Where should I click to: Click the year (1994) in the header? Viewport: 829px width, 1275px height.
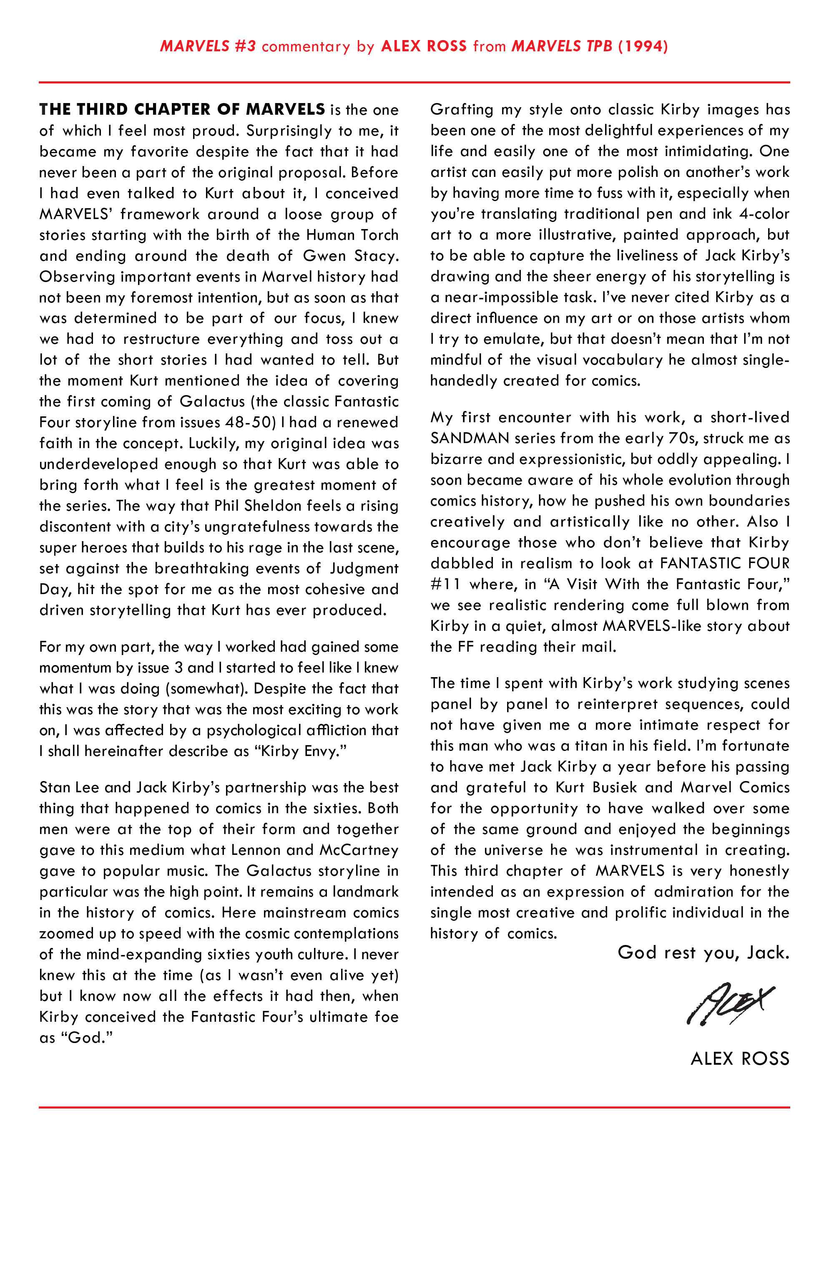(643, 46)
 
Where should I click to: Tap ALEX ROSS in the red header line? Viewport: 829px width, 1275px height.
(424, 46)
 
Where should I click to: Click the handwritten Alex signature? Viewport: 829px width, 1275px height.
(731, 1005)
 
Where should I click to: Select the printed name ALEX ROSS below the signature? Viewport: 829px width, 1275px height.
(740, 1058)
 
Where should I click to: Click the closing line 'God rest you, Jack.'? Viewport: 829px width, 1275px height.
(703, 952)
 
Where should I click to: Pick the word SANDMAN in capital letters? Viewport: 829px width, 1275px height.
(470, 438)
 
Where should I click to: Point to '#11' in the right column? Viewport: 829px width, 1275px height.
(445, 584)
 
